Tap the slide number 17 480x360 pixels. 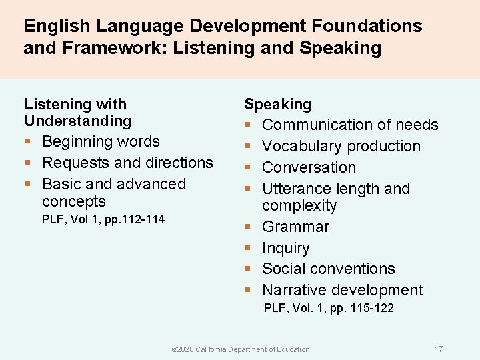pyautogui.click(x=438, y=349)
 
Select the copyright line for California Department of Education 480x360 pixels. pyautogui.click(x=241, y=349)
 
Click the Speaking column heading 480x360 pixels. pyautogui.click(x=277, y=105)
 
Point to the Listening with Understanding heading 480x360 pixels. pyautogui.click(x=77, y=113)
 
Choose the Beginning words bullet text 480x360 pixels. pyautogui.click(x=101, y=141)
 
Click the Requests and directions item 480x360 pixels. pyautogui.click(x=127, y=163)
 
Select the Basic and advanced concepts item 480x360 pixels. pyautogui.click(x=113, y=192)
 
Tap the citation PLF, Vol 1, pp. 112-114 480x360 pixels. pyautogui.click(x=103, y=219)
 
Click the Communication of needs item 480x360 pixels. pyautogui.click(x=350, y=125)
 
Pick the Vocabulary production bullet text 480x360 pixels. pyautogui.click(x=341, y=146)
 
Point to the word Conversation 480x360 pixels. pyautogui.click(x=309, y=167)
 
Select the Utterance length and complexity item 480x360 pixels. pyautogui.click(x=335, y=197)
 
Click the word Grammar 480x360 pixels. pyautogui.click(x=295, y=227)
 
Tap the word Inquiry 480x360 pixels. pyautogui.click(x=285, y=248)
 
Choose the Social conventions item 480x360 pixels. pyautogui.click(x=328, y=269)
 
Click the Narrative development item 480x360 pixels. pyautogui.click(x=343, y=290)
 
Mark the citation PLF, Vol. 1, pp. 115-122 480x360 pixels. pyautogui.click(x=329, y=308)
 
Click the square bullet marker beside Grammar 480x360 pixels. pyautogui.click(x=247, y=227)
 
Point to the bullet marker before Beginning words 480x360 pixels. pyautogui.click(x=28, y=142)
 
